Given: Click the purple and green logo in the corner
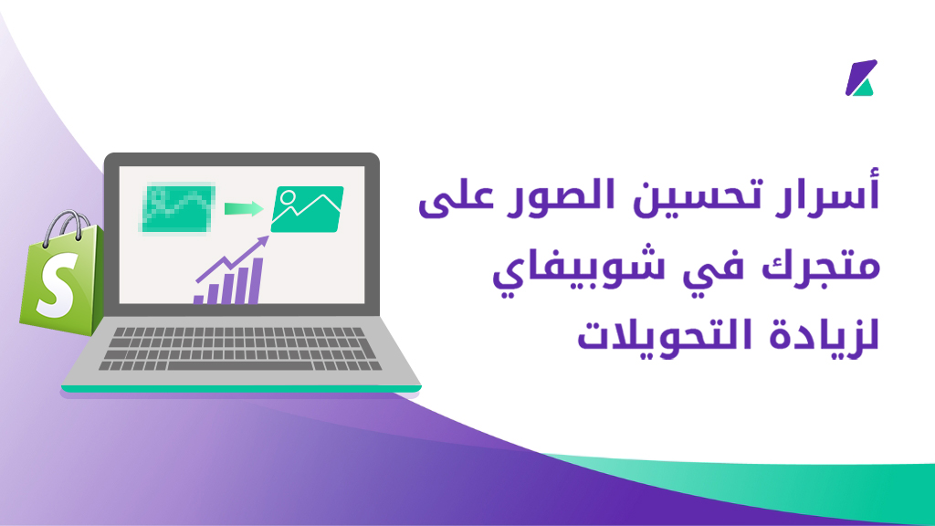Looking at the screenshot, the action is [861, 78].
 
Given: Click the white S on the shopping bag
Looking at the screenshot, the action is [57, 285].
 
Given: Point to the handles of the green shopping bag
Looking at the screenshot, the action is [66, 226].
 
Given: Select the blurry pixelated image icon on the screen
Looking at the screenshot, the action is [178, 208].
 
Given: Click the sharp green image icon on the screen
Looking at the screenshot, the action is [307, 209].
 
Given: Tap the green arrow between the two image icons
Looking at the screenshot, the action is [244, 209].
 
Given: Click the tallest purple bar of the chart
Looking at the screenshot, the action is [256, 281].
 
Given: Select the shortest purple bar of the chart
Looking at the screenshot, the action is [198, 300].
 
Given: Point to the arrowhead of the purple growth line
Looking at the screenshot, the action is [262, 241].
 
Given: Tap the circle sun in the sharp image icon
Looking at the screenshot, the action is [288, 197].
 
